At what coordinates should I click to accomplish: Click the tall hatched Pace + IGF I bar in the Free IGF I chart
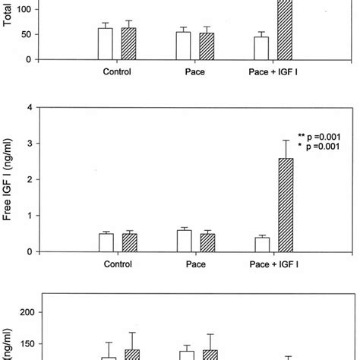point(285,205)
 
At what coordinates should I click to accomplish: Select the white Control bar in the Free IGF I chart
point(106,242)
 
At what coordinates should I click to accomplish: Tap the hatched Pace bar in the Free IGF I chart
point(207,242)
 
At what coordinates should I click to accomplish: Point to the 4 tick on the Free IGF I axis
point(28,107)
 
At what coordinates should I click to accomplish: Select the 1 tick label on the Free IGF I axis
point(28,216)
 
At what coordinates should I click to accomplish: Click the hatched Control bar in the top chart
point(129,44)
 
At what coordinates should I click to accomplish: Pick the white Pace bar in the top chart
point(183,46)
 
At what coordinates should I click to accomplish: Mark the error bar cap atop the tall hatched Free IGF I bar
point(285,141)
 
